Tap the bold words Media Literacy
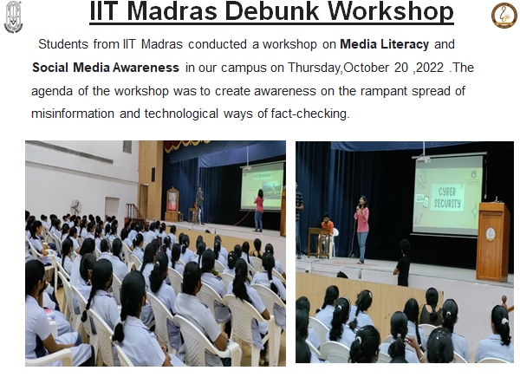384,44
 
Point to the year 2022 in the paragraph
430,68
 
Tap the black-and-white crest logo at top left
13,17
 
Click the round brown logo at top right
504,16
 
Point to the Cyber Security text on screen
447,198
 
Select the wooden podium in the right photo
493,242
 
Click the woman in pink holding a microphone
361,229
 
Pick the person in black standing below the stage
403,262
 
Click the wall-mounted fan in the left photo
76,207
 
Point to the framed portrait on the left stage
172,199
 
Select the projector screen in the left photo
263,186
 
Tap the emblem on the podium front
491,234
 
